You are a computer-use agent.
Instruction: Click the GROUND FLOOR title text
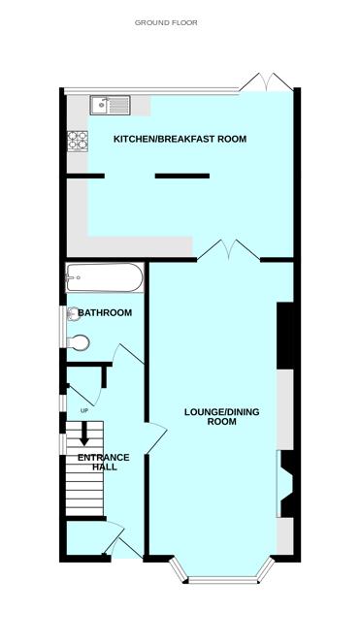point(166,22)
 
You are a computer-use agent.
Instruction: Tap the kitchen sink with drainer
point(111,105)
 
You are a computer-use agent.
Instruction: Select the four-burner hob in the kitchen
point(78,141)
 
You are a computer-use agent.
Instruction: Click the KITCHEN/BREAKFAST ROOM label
point(180,139)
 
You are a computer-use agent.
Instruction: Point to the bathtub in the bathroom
point(105,277)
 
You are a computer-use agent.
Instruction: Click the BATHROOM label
point(105,313)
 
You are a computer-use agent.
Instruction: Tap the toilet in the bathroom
point(78,342)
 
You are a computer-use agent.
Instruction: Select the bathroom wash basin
point(73,314)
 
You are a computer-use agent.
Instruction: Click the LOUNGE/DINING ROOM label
point(222,416)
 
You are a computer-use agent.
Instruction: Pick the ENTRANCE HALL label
point(104,462)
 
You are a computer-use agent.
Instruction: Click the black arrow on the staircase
point(84,434)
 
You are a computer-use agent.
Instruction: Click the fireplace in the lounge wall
point(285,484)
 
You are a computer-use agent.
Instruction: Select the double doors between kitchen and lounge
point(228,250)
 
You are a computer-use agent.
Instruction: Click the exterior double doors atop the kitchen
point(266,82)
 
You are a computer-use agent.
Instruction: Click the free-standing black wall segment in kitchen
point(182,176)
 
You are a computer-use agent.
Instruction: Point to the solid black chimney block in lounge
point(285,336)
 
